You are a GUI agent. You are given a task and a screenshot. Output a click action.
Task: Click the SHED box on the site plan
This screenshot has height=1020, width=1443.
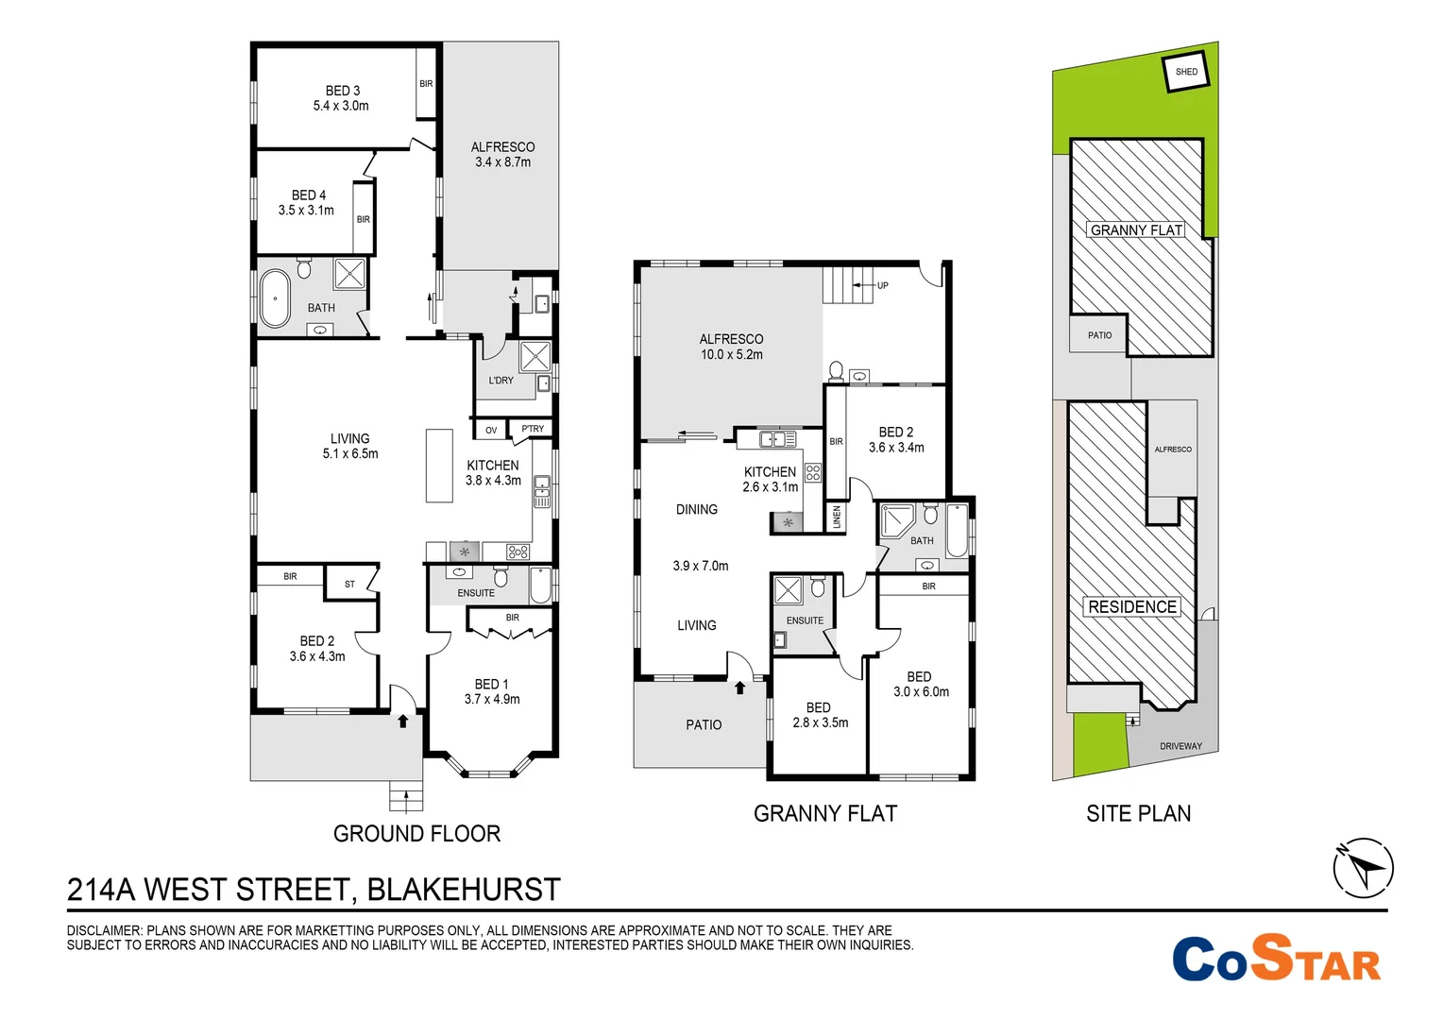coord(1186,72)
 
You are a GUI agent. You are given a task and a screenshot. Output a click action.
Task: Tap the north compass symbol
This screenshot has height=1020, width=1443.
coord(1363,867)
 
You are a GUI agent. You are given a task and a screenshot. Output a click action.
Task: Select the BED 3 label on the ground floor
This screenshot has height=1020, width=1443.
coord(342,91)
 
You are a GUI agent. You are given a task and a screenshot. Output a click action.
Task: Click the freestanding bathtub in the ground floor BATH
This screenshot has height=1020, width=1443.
coord(276,297)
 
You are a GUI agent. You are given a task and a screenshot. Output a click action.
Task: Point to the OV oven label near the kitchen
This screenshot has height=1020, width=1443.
coord(491,430)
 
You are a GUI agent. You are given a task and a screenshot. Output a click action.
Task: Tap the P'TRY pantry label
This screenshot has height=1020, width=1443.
coord(533,429)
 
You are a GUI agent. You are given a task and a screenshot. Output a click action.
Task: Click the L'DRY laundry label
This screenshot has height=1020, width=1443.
coord(501,381)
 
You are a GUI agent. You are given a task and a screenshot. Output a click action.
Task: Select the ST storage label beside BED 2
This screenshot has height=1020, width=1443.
coord(349,584)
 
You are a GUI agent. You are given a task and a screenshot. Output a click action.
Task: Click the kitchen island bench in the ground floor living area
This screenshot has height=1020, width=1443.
coord(439,466)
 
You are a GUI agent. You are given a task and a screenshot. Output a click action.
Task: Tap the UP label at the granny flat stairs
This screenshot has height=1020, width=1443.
coord(882,285)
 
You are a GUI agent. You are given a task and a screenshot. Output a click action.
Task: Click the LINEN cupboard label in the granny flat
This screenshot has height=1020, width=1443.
coord(837,517)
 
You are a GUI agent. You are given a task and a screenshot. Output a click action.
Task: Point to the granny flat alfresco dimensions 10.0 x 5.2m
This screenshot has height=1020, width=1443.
coord(731,355)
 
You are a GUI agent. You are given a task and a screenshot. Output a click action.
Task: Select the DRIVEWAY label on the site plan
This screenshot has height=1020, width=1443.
coord(1180,746)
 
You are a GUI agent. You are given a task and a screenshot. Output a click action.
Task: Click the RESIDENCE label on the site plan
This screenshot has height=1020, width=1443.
coord(1132,607)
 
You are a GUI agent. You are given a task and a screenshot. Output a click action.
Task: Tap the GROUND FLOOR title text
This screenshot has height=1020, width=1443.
coord(416,834)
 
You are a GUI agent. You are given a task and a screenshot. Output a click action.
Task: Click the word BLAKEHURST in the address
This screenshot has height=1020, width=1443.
coord(464,890)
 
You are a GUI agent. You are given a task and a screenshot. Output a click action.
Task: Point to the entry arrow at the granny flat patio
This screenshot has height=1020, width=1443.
coord(739,688)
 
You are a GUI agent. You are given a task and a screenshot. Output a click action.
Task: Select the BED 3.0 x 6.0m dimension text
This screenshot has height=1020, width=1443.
coord(921,692)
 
